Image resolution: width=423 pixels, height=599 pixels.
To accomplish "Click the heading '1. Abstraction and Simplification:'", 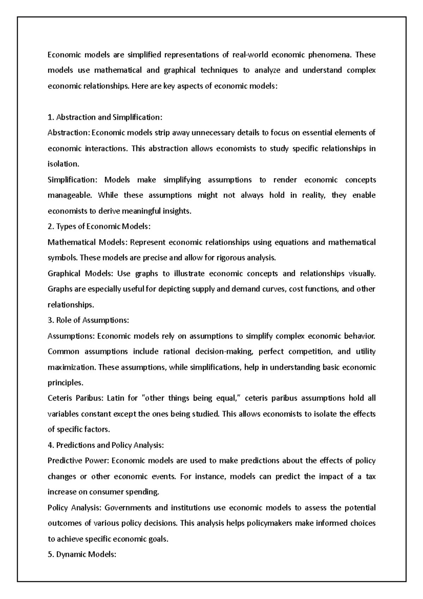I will point(105,117).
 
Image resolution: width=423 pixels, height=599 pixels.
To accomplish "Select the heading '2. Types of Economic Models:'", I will point(99,226).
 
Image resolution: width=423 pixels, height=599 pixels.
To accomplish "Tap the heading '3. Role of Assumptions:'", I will point(88,320).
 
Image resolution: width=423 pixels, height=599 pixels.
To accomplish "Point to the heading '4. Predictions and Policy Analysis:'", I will point(106,445).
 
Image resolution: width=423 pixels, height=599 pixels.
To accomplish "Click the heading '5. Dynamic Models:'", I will point(82,555).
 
